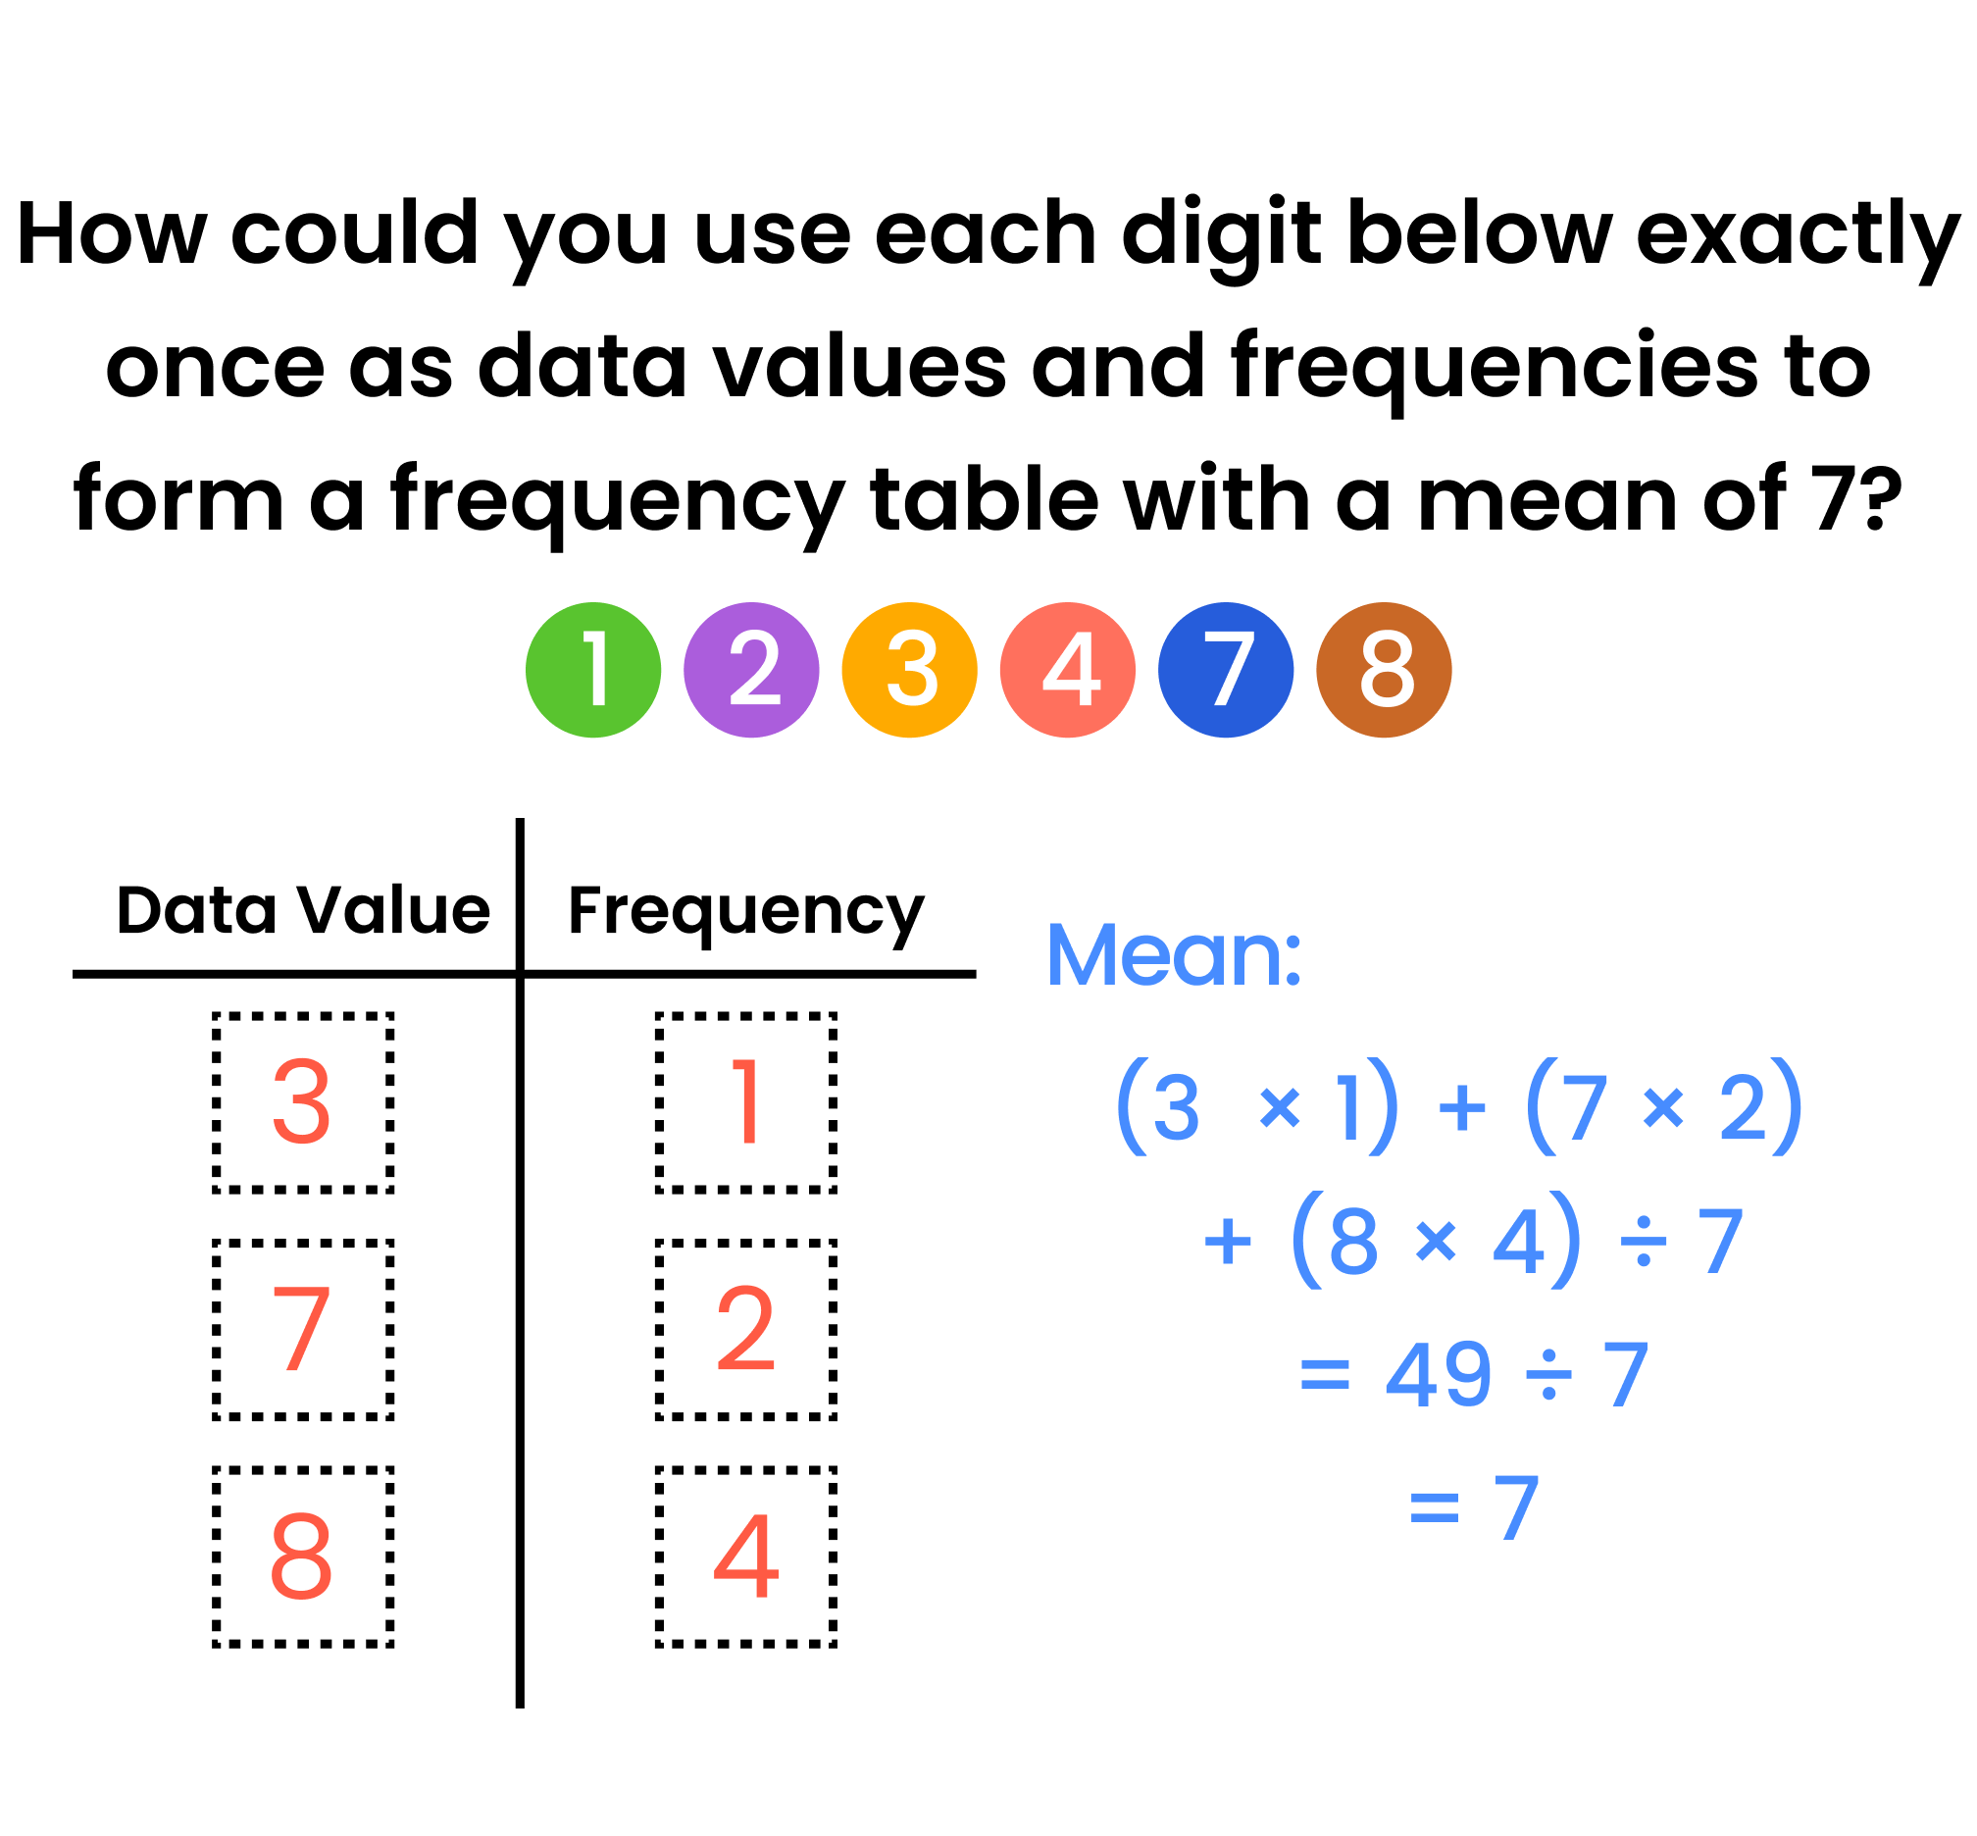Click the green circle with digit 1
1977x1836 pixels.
pyautogui.click(x=593, y=670)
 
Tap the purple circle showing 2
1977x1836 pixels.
pyautogui.click(x=751, y=670)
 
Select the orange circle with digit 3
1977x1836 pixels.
pyautogui.click(x=909, y=670)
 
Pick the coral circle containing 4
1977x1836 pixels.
pyautogui.click(x=1067, y=670)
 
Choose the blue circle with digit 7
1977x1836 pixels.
pyautogui.click(x=1225, y=670)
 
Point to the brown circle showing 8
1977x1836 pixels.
pyautogui.click(x=1383, y=670)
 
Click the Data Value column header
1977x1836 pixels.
pyautogui.click(x=303, y=909)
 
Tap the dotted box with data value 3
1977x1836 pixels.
pyautogui.click(x=303, y=1102)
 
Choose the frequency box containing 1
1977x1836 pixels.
pyautogui.click(x=745, y=1102)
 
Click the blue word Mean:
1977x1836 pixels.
pyautogui.click(x=1173, y=954)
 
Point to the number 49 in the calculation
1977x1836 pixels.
pyautogui.click(x=1438, y=1375)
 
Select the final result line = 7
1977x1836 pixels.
pyautogui.click(x=1474, y=1508)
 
